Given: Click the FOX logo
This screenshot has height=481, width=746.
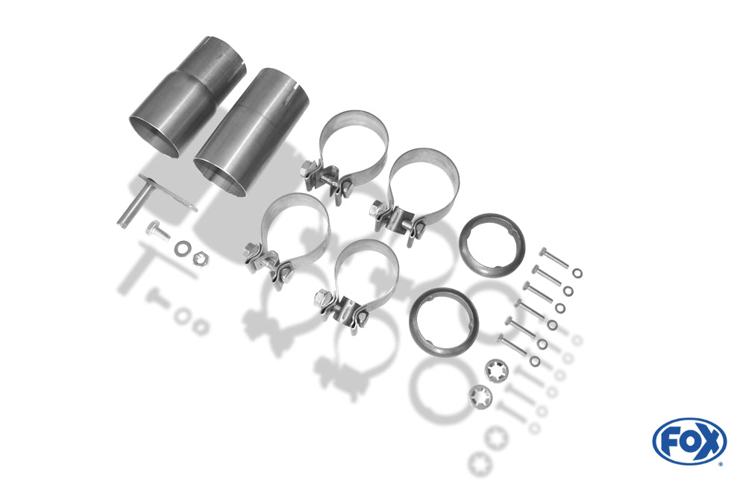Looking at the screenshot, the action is click(x=689, y=441).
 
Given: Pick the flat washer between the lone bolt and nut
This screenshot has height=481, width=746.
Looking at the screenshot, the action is click(x=182, y=248).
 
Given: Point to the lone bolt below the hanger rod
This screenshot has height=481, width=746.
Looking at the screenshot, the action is click(x=158, y=230).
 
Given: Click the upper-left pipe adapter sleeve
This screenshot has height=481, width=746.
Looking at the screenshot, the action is click(x=187, y=96).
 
